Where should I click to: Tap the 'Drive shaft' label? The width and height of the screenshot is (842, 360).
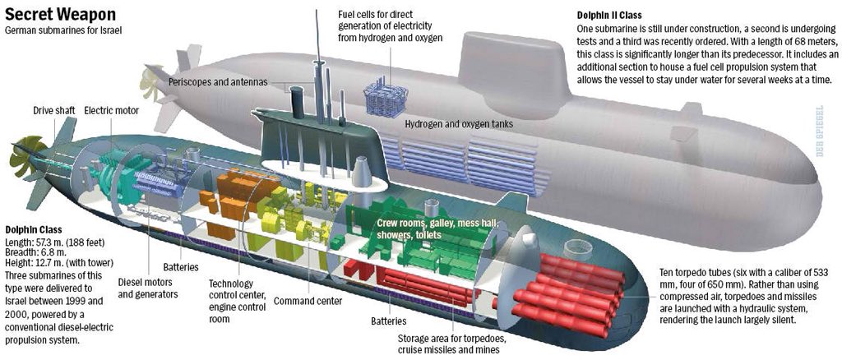coord(52,110)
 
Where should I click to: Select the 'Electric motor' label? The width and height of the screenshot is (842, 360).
coord(112,110)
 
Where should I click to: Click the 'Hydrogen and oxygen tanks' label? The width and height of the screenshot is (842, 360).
coord(459,124)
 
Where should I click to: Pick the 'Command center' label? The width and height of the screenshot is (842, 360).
coord(308,301)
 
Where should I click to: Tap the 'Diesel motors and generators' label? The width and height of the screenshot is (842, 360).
coord(148,288)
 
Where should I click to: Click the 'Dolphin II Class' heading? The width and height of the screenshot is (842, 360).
coord(609,15)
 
